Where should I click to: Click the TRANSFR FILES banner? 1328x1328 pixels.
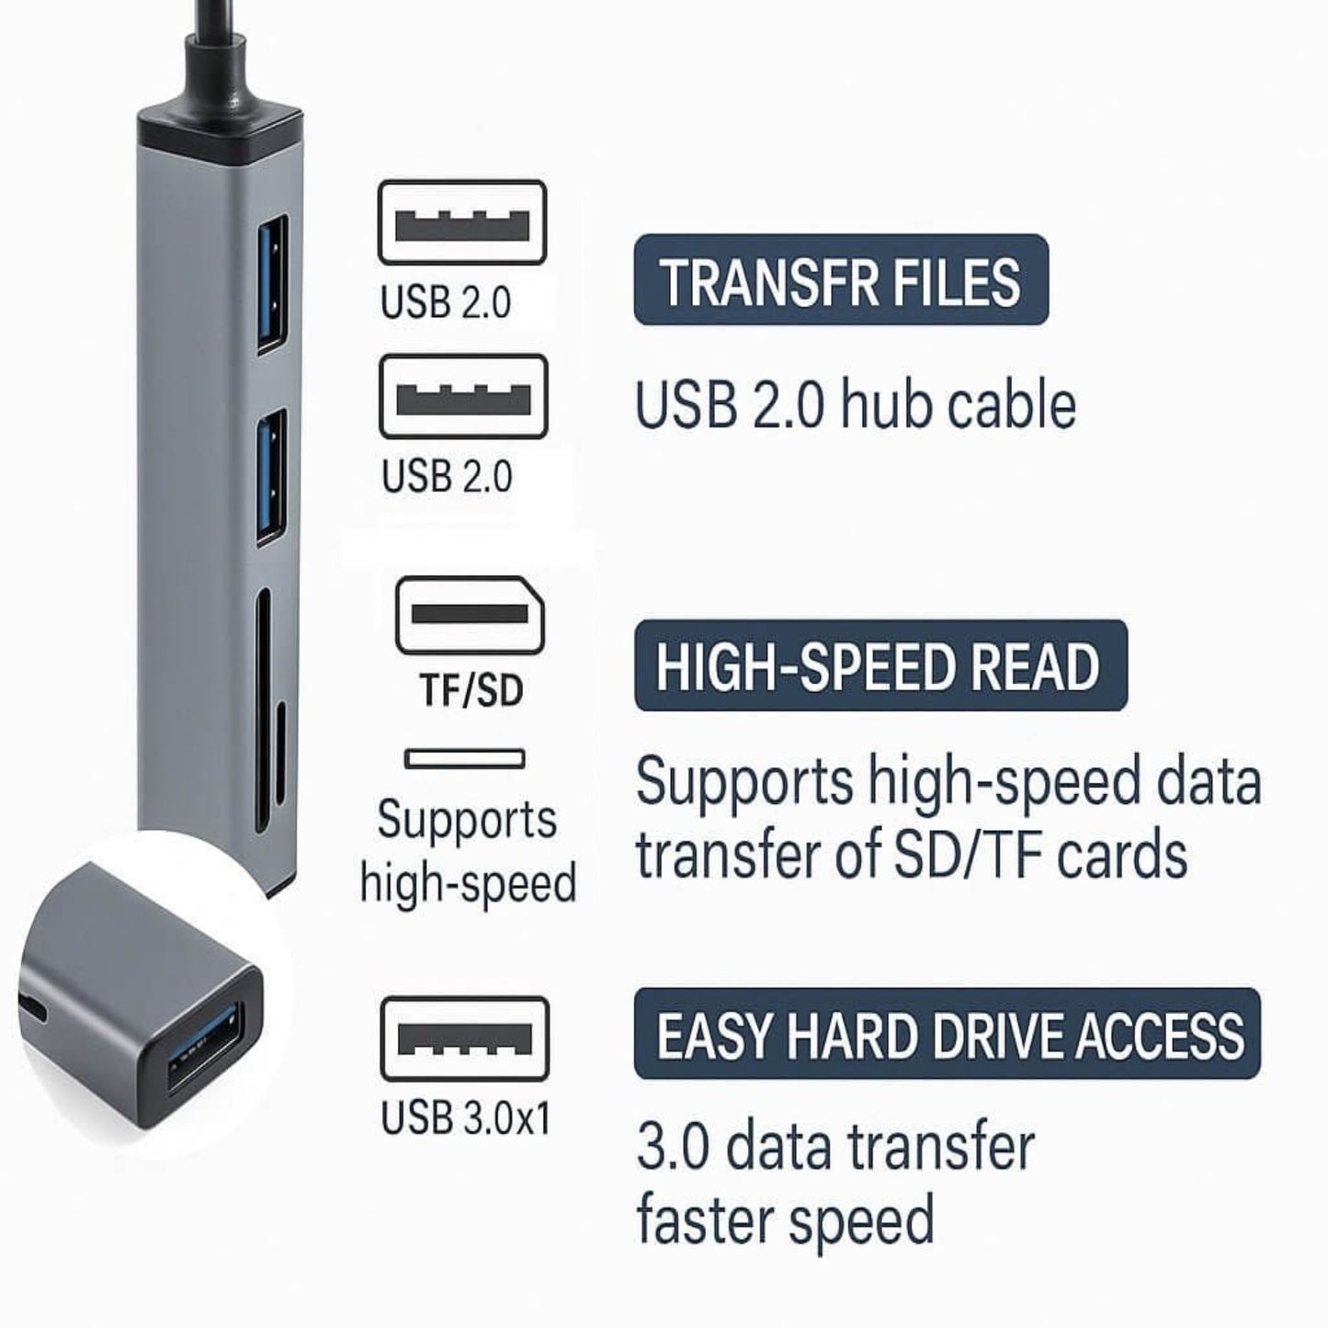pyautogui.click(x=841, y=279)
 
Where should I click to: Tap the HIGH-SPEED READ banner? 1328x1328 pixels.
pyautogui.click(x=880, y=665)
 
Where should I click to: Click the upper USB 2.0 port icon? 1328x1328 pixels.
pyautogui.click(x=462, y=221)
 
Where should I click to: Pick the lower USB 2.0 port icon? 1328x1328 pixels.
pyautogui.click(x=464, y=396)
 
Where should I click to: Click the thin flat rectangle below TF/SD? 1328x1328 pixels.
pyautogui.click(x=464, y=759)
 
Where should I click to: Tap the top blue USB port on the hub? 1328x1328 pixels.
pyautogui.click(x=273, y=284)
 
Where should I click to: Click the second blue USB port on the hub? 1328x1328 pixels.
pyautogui.click(x=272, y=478)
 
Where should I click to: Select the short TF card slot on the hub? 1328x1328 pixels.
pyautogui.click(x=280, y=755)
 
